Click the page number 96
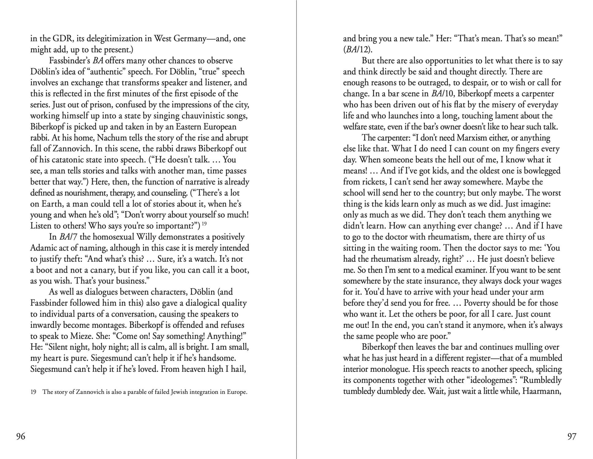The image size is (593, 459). click(x=21, y=436)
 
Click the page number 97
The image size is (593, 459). click(x=572, y=436)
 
